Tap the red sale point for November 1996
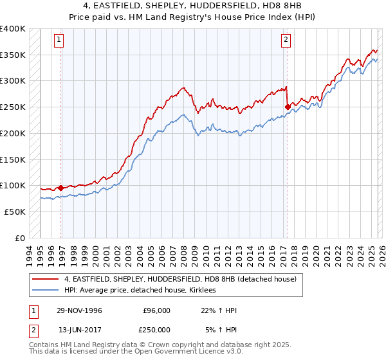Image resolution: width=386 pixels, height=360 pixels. coord(61,188)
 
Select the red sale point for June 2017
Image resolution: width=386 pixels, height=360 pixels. coord(288,107)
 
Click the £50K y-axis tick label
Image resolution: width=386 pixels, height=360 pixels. coord(15,212)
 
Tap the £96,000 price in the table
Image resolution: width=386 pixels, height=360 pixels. coord(156,310)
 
